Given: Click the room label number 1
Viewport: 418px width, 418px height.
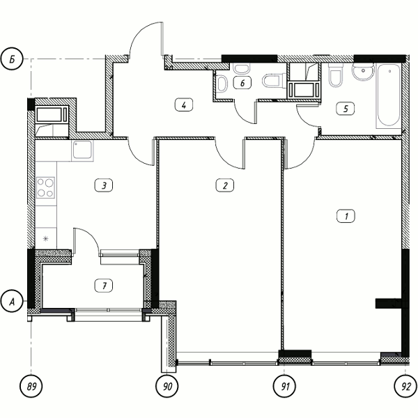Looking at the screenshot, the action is [x=346, y=216].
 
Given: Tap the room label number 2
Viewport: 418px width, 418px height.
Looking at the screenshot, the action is [x=225, y=185].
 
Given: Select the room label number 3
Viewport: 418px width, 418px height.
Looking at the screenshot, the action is [x=104, y=185].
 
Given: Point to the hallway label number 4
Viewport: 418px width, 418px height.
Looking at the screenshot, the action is [x=184, y=104].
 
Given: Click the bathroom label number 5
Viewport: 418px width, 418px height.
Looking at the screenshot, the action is [x=346, y=109].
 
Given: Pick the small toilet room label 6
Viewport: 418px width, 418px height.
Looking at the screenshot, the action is [x=242, y=83].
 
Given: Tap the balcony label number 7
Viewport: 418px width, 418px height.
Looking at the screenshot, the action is [x=104, y=286].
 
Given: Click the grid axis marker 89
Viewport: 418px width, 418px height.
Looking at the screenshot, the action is [x=31, y=386].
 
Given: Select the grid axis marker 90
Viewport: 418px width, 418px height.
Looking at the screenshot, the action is [x=167, y=386].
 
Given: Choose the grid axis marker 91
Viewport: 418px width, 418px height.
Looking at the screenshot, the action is [x=285, y=386].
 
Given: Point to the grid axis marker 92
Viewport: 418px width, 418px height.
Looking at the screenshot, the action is [x=405, y=386].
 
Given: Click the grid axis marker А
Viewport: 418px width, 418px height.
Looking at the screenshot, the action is [x=12, y=301].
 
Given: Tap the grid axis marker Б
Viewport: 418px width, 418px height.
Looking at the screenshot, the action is [x=12, y=59].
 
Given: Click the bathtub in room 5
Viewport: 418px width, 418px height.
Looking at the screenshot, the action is [x=389, y=95].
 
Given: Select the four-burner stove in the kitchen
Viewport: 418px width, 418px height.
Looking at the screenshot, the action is [x=45, y=187].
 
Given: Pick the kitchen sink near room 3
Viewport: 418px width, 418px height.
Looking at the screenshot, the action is [x=82, y=150].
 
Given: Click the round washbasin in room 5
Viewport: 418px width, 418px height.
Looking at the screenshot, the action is [x=363, y=71].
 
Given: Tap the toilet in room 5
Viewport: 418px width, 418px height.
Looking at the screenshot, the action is [x=335, y=75].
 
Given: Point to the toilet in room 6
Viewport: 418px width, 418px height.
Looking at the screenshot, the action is [x=272, y=81].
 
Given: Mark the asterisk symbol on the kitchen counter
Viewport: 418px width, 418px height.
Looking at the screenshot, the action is [x=46, y=238].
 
